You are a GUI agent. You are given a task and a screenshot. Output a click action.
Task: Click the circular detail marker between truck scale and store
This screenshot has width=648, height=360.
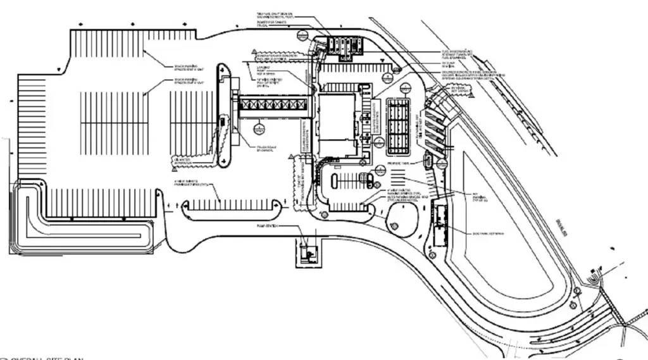[258, 129]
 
